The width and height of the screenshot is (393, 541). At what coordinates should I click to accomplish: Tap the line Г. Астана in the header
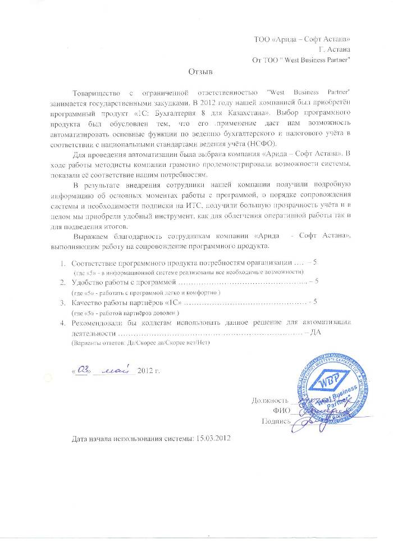point(335,49)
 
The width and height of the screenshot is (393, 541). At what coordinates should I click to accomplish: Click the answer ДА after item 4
point(315,332)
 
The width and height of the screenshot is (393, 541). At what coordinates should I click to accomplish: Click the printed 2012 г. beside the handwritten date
point(149,371)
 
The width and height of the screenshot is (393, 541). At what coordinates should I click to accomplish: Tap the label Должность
point(270,401)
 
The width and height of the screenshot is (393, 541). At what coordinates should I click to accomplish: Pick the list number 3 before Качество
point(62,303)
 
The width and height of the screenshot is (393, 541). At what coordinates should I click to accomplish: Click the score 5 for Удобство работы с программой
point(317,281)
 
